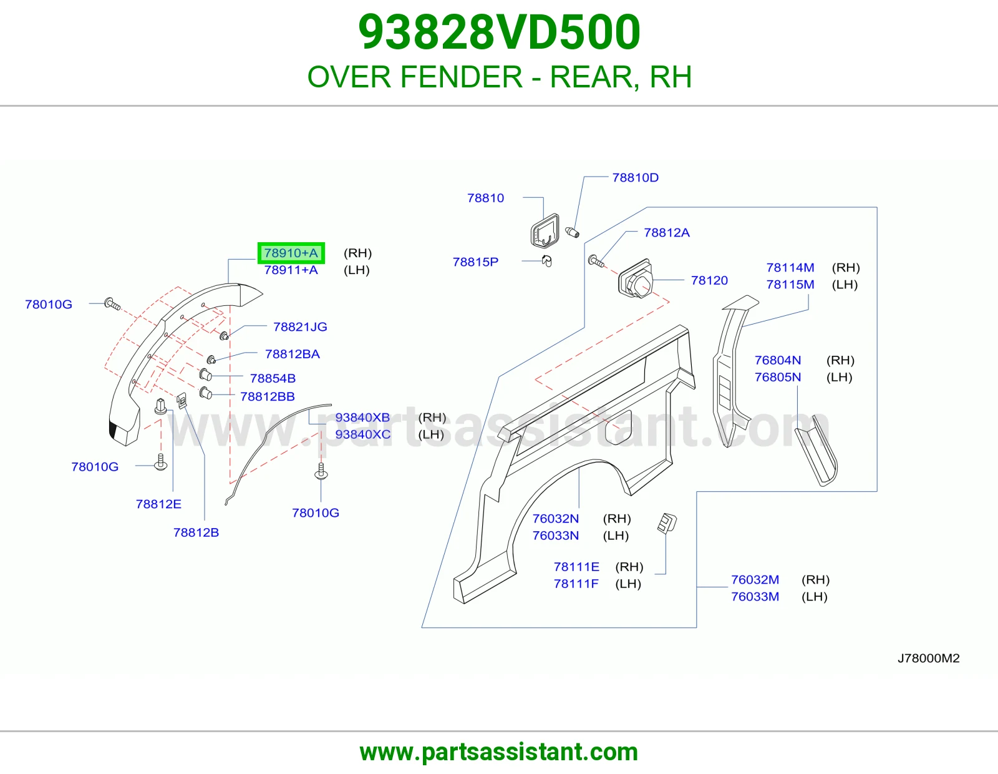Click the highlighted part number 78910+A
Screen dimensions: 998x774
[x=291, y=253]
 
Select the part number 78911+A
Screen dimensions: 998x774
[x=291, y=270]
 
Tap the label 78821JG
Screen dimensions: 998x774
[x=300, y=327]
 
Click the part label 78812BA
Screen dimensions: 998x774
[x=292, y=354]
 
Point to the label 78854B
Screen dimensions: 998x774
[x=273, y=378]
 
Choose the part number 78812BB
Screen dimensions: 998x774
[x=268, y=396]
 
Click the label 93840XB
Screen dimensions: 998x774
[x=362, y=418]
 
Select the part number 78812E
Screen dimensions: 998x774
[x=158, y=504]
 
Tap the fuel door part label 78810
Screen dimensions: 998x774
[x=485, y=198]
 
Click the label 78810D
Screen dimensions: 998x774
[x=635, y=177]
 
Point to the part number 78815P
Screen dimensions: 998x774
[x=475, y=262]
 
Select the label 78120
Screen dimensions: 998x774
[x=709, y=280]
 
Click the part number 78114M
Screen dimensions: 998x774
[x=790, y=268]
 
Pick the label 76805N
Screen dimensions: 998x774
[x=778, y=377]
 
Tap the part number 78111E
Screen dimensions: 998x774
[x=576, y=567]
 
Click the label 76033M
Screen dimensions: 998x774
[x=755, y=597]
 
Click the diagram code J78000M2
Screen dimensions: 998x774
[x=928, y=658]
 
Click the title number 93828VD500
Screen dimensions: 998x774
[x=499, y=32]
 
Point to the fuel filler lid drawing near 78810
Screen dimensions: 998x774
[x=545, y=231]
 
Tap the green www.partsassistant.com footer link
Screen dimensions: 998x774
[x=499, y=752]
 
